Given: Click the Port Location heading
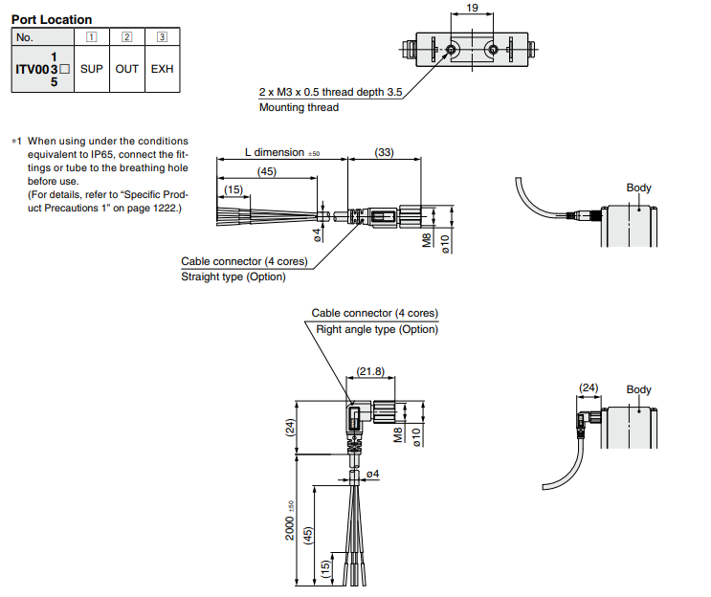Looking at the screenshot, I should [x=52, y=19].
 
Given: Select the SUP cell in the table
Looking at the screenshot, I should [x=92, y=70].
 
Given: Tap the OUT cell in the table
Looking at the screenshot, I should [x=127, y=70].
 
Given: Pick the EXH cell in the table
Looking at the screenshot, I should [x=162, y=70].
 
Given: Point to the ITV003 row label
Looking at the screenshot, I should [x=42, y=70].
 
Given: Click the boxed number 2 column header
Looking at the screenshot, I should [x=127, y=37].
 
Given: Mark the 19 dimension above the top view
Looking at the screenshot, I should [x=472, y=9].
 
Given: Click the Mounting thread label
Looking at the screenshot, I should [x=299, y=108].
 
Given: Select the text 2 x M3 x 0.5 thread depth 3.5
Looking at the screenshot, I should [x=330, y=93].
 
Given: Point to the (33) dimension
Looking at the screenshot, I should [x=384, y=152].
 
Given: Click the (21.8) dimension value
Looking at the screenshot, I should [x=370, y=371].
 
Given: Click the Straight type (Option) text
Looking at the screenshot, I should [x=233, y=277].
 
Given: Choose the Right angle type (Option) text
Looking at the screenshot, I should [x=377, y=329].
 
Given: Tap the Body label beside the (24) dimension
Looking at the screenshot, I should [x=638, y=389].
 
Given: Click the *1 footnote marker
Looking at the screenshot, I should [x=15, y=142].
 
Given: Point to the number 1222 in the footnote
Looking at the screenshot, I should [x=152, y=209].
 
